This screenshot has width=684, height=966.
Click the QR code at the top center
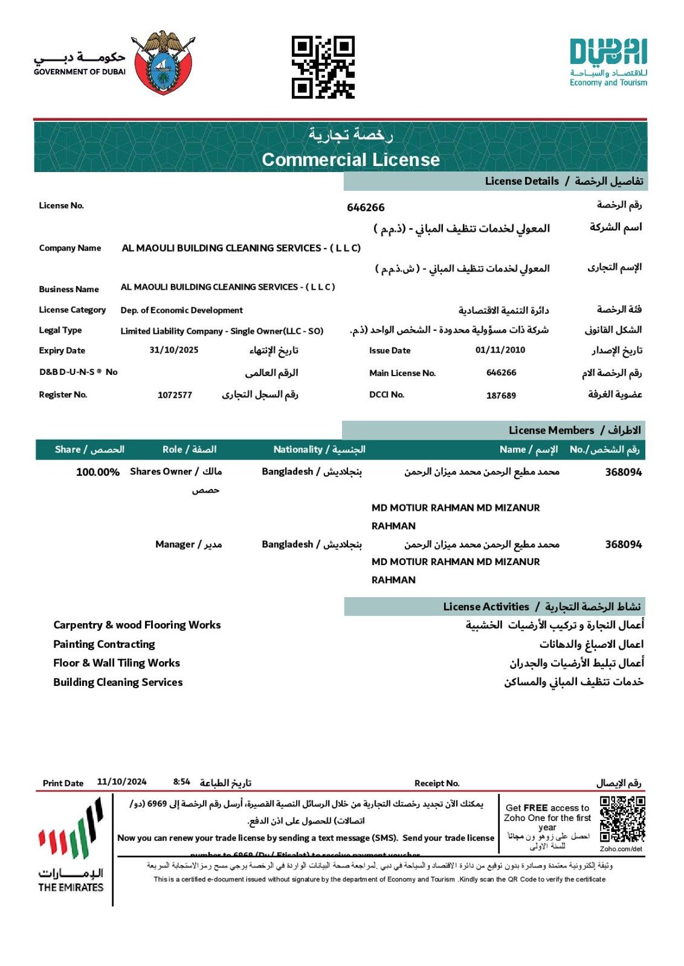(323, 67)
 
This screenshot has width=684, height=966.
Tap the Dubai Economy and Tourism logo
(608, 62)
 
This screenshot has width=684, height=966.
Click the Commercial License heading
(350, 159)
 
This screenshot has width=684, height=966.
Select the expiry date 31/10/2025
(174, 350)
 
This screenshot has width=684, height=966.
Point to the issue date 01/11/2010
(500, 350)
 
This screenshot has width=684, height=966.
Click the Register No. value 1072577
(175, 395)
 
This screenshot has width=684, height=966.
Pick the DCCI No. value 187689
(501, 395)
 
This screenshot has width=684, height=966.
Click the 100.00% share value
(97, 472)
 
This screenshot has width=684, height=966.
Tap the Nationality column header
(319, 450)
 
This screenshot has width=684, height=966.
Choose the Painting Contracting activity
(104, 644)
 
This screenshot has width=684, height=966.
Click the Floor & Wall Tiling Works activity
(117, 663)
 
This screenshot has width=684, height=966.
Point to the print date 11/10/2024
(121, 782)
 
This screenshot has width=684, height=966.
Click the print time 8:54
(181, 782)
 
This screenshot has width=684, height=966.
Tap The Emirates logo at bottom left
(71, 845)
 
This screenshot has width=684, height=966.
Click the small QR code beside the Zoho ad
(622, 819)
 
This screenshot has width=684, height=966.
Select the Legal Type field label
(60, 330)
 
